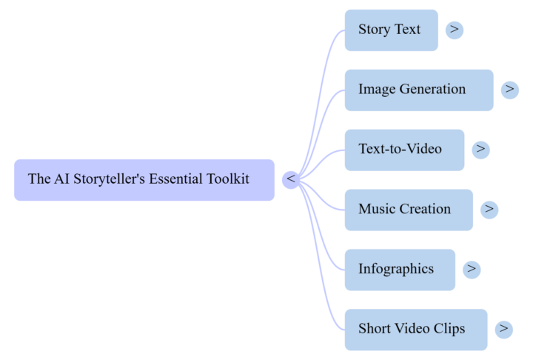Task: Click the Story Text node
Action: pyautogui.click(x=391, y=30)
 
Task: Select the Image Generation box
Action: pyautogui.click(x=418, y=90)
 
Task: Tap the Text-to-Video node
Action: pyautogui.click(x=404, y=150)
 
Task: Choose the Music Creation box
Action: pyautogui.click(x=408, y=210)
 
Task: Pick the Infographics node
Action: pyautogui.click(x=399, y=270)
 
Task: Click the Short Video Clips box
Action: pyautogui.click(x=415, y=329)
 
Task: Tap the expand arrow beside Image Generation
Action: pyautogui.click(x=510, y=90)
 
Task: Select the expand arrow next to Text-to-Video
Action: pyautogui.click(x=481, y=150)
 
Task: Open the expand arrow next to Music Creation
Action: pyautogui.click(x=489, y=210)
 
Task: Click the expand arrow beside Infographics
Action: pyautogui.click(x=472, y=270)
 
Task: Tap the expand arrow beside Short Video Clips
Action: pyautogui.click(x=504, y=329)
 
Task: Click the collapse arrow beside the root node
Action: pyautogui.click(x=291, y=179)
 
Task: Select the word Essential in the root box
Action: pyautogui.click(x=175, y=179)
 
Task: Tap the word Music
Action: pyautogui.click(x=377, y=210)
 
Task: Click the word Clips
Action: pyautogui.click(x=449, y=328)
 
